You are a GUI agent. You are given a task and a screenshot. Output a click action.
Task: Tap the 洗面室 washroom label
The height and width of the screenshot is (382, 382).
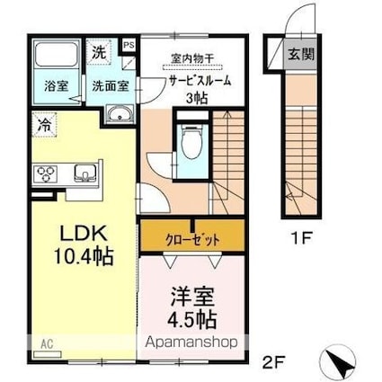coord(109,87)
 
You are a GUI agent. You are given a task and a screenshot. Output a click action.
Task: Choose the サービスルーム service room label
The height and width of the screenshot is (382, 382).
coord(200,80)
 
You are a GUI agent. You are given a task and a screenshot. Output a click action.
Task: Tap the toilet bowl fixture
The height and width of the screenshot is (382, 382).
coord(191,142)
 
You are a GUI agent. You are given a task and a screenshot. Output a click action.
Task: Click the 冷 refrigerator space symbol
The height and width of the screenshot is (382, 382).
coord(43,125)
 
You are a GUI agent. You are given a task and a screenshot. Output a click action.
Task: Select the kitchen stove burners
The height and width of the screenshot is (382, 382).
coord(46,173)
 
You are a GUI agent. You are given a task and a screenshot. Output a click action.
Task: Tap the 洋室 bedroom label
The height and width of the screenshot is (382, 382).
coord(191,297)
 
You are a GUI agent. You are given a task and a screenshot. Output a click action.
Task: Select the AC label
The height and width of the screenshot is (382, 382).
coord(43,343)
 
